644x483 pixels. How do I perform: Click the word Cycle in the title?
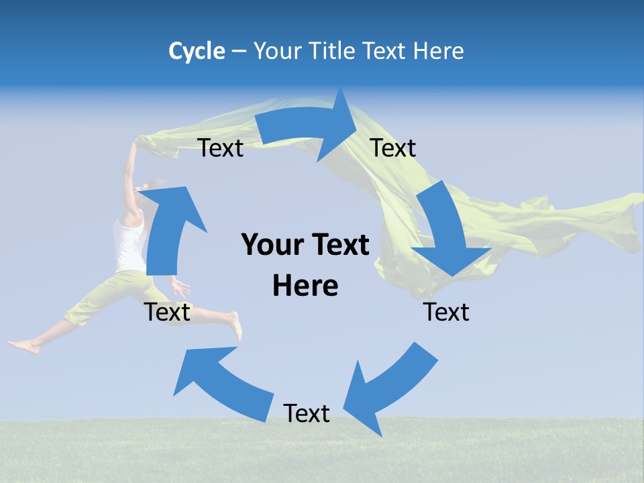(197, 51)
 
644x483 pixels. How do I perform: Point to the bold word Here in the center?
(305, 285)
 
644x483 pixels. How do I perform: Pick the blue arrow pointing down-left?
(389, 389)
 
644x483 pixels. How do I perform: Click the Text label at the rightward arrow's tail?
(221, 148)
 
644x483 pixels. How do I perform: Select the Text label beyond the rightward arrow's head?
(393, 148)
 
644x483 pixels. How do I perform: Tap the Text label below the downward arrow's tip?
(446, 312)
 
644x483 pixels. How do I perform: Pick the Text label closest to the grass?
(307, 413)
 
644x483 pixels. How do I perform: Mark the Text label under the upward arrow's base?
(167, 312)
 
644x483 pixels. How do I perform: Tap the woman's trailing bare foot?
(23, 347)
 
